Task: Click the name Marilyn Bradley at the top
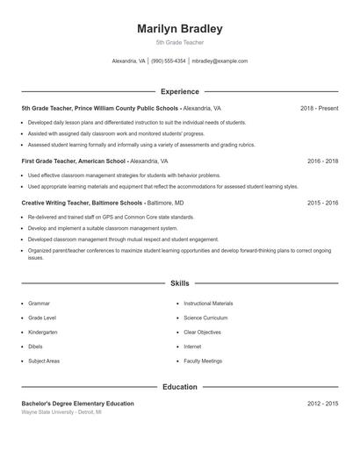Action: pos(179,29)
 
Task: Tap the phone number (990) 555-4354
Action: pos(169,61)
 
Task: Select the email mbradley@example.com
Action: pos(220,61)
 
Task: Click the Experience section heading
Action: pos(179,91)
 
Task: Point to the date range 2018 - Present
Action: pos(319,108)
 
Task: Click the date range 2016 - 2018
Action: pos(322,161)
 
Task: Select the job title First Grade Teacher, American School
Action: pos(74,161)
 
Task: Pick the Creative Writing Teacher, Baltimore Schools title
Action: pos(82,203)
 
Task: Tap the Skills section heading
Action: pos(179,283)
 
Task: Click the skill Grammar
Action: pos(38,304)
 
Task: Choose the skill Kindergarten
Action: pos(42,333)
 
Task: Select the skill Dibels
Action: pos(36,347)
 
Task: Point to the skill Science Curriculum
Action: pos(205,318)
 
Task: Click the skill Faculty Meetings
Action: pos(203,361)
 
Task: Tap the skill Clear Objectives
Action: pos(203,333)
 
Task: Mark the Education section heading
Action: pos(179,386)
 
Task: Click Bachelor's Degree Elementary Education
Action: pos(77,403)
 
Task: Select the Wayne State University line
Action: pos(61,411)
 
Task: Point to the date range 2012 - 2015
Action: pos(322,403)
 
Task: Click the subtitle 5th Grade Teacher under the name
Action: pos(179,42)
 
